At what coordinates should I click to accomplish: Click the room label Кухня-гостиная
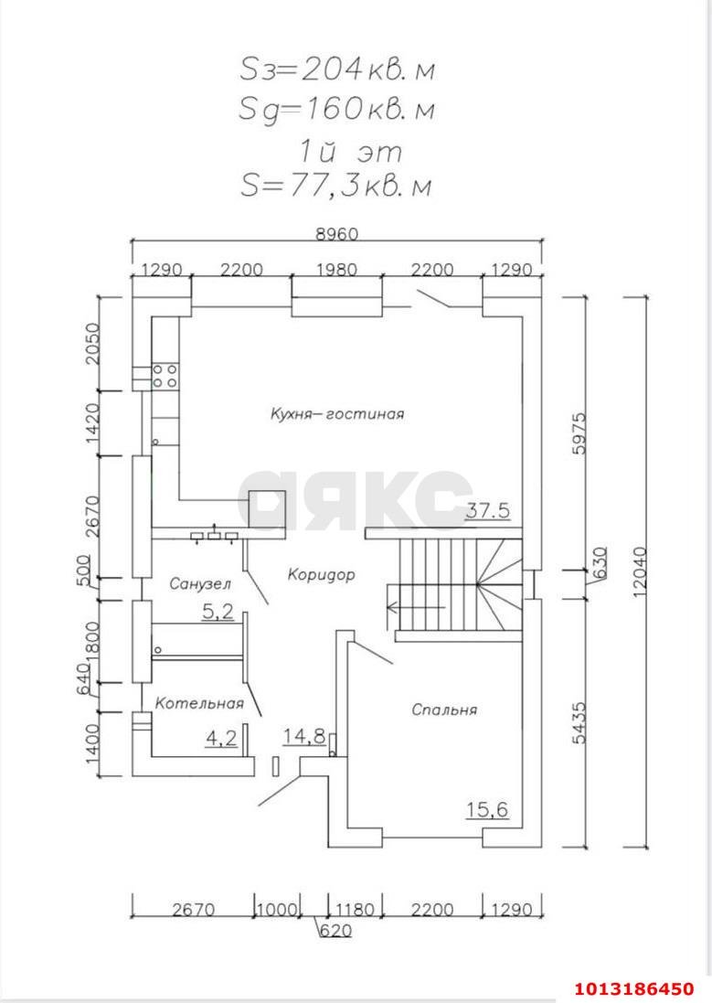point(336,413)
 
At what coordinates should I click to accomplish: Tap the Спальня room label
point(444,709)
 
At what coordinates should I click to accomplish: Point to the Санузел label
point(200,582)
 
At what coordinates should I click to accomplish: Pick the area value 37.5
point(487,511)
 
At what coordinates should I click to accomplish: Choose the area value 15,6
point(487,809)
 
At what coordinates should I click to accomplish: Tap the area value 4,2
point(220,737)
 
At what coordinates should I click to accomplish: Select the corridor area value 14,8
point(304,737)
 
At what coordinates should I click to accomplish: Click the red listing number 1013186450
point(634,988)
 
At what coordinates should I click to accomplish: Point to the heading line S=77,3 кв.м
point(335,186)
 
